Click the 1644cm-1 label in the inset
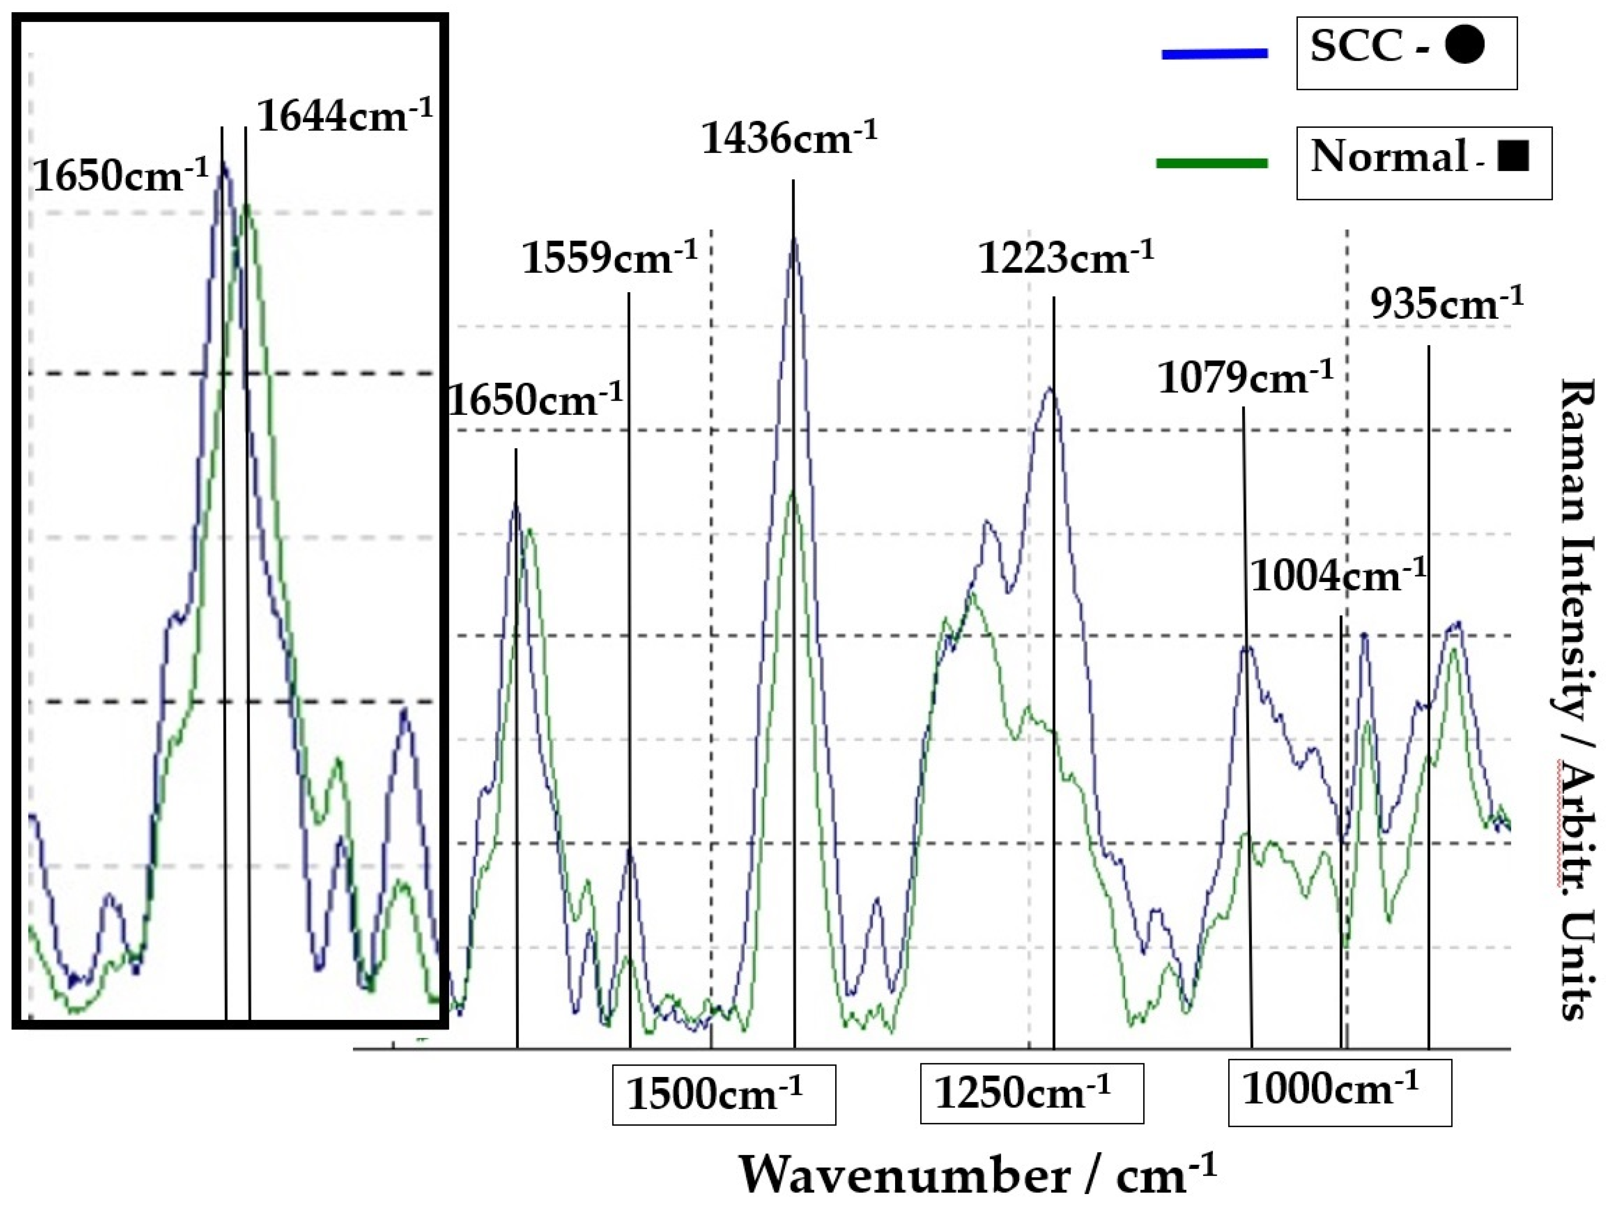(x=344, y=117)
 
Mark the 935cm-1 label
(x=1446, y=304)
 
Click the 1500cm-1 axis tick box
(x=723, y=1094)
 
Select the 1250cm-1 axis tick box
(x=1032, y=1093)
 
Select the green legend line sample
(x=1212, y=163)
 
